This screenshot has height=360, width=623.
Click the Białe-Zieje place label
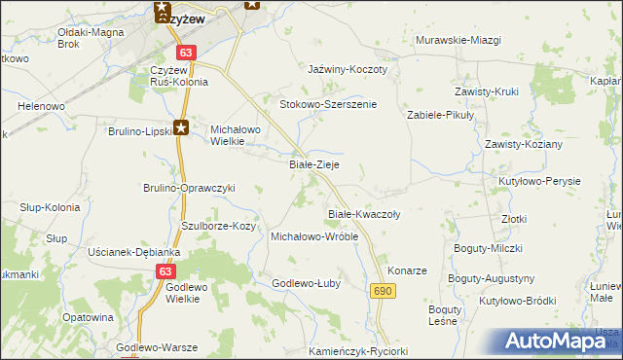(314, 165)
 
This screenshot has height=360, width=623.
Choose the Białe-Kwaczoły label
(364, 213)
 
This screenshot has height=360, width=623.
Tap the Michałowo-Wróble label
(314, 236)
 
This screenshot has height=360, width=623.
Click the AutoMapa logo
(557, 341)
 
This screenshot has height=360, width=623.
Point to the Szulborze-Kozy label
(219, 226)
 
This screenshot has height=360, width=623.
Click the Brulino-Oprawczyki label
(190, 188)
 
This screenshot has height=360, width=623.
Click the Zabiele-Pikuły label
(439, 114)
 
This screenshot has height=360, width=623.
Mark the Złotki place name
(515, 220)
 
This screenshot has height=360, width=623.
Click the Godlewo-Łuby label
(306, 283)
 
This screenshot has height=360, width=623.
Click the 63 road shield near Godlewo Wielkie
(165, 272)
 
